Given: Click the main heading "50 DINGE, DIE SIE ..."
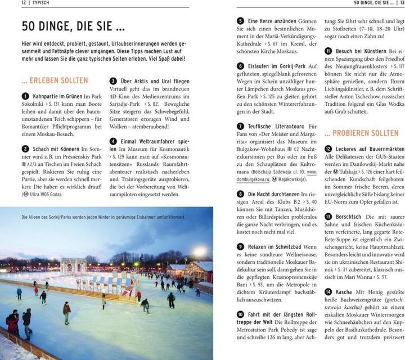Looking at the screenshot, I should click(x=73, y=26).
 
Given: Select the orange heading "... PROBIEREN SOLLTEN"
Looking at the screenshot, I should click(x=361, y=133).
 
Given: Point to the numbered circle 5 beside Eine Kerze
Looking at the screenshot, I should click(x=240, y=21).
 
